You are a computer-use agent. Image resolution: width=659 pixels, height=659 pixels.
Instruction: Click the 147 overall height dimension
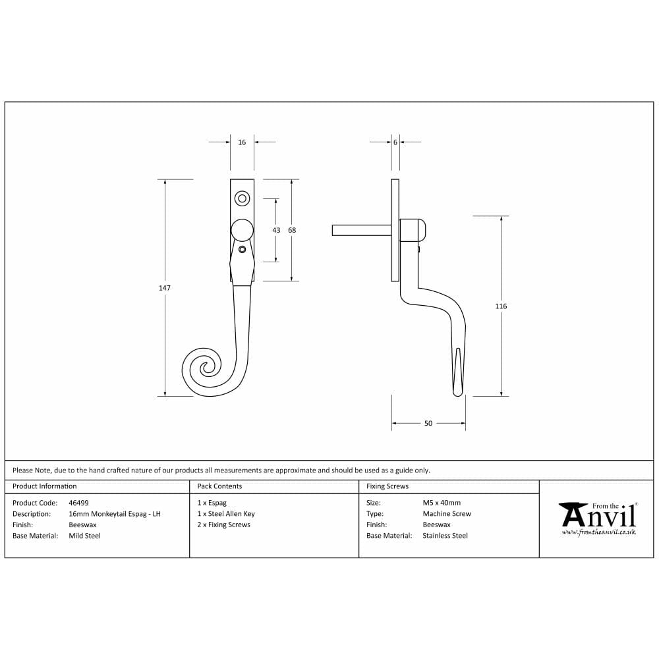click(x=164, y=288)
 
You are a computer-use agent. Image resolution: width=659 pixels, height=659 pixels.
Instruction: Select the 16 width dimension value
click(x=242, y=142)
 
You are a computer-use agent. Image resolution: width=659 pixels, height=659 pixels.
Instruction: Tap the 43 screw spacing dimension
click(x=276, y=230)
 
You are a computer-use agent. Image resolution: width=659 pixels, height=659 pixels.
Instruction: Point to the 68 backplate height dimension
click(x=292, y=230)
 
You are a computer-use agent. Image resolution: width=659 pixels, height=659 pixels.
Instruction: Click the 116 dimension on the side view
click(x=501, y=306)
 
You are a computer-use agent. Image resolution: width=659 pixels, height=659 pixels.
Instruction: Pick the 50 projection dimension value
click(x=428, y=423)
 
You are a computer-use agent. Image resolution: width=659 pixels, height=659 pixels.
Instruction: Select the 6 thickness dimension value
click(x=395, y=142)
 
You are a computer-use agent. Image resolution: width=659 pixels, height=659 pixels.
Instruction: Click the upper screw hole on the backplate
click(x=242, y=199)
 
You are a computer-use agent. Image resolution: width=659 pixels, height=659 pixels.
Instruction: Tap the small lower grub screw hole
click(x=242, y=249)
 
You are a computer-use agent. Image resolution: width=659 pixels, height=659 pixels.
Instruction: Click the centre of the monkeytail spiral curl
click(x=206, y=368)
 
